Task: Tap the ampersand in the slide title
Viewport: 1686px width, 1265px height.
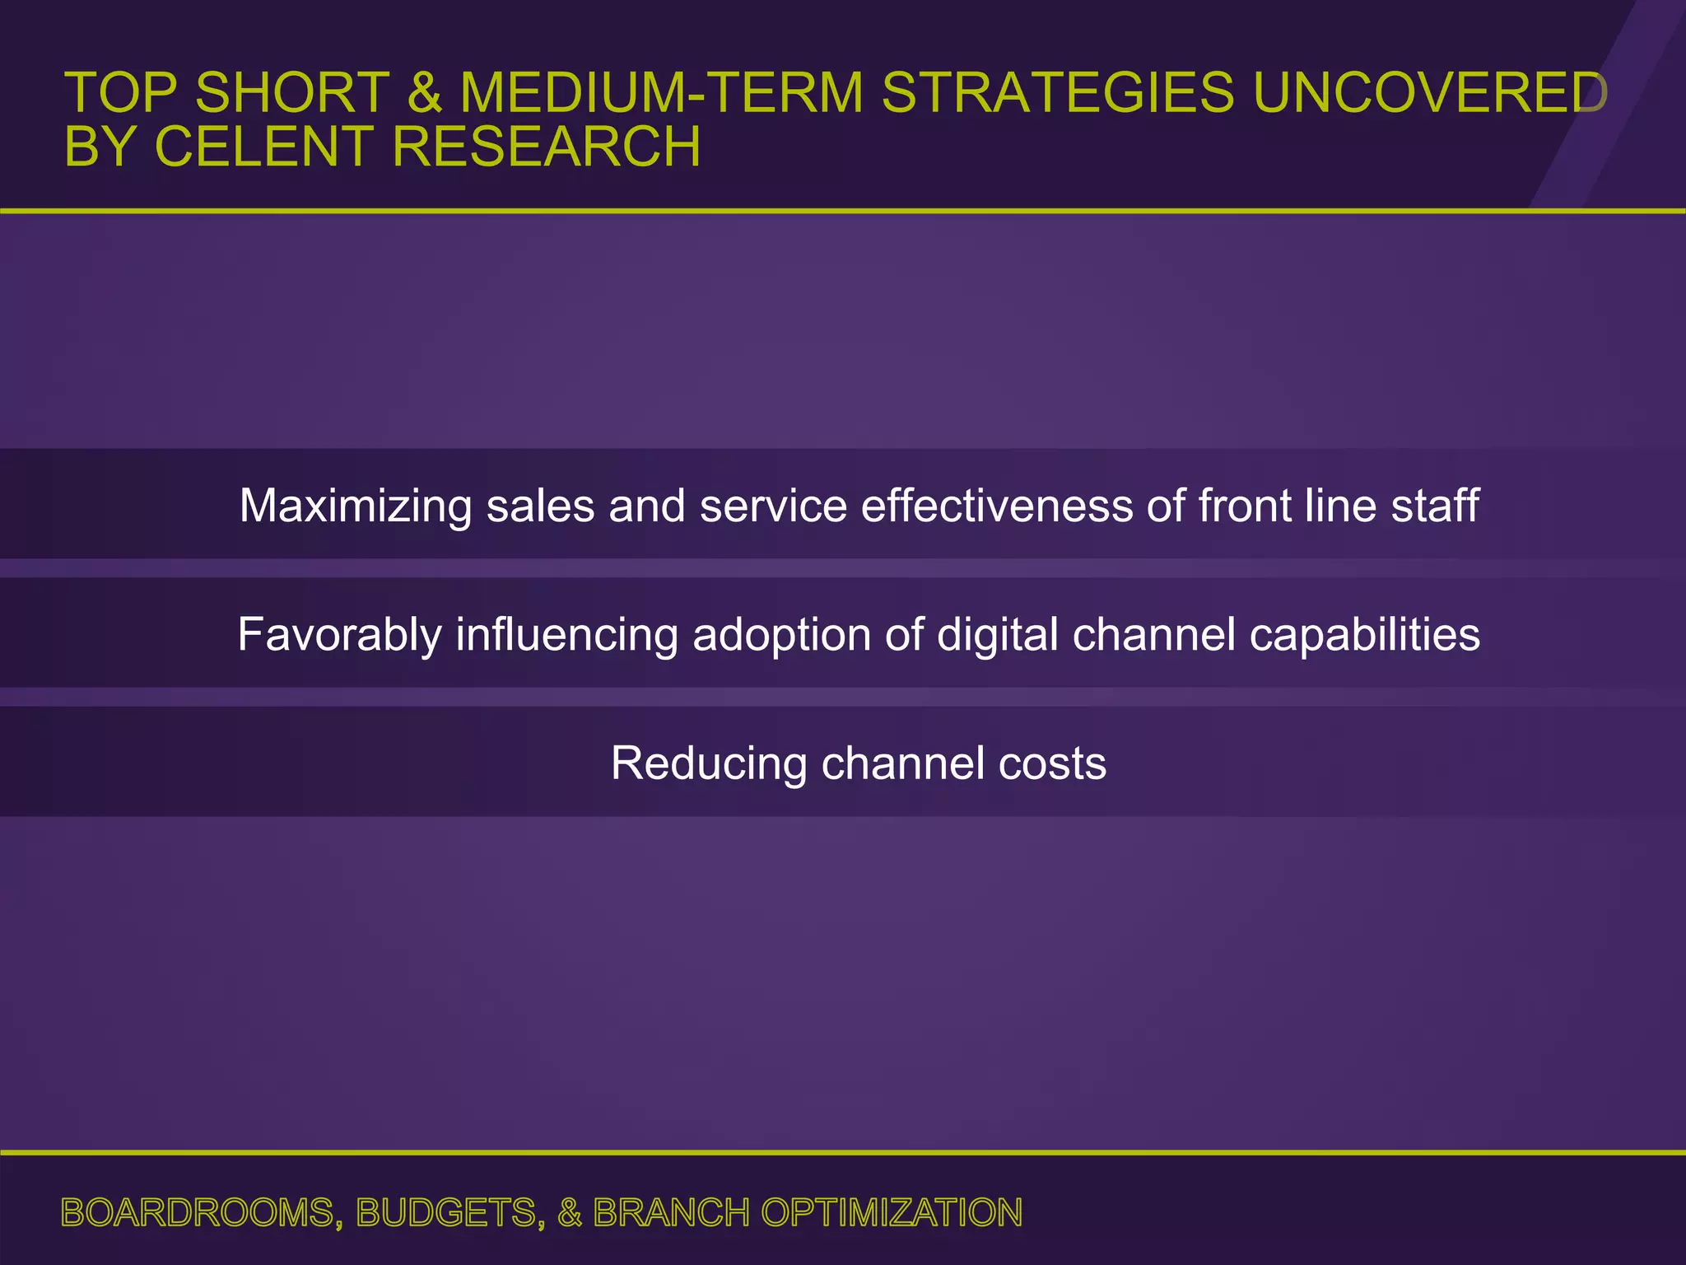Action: click(424, 92)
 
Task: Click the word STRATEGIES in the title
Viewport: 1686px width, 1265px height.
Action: click(1058, 92)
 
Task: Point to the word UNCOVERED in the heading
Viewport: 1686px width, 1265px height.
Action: click(1429, 92)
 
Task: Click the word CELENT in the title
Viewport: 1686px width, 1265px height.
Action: click(264, 147)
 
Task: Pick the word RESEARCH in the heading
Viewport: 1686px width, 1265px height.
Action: click(546, 147)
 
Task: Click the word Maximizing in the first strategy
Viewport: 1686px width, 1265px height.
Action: click(356, 506)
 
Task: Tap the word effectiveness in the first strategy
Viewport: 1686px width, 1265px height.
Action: click(996, 506)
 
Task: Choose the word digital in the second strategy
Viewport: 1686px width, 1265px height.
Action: click(998, 635)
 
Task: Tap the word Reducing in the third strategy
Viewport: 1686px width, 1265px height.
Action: click(709, 763)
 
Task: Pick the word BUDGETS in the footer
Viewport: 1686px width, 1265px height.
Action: click(449, 1213)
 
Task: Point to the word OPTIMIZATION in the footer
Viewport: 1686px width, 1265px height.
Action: click(892, 1213)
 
